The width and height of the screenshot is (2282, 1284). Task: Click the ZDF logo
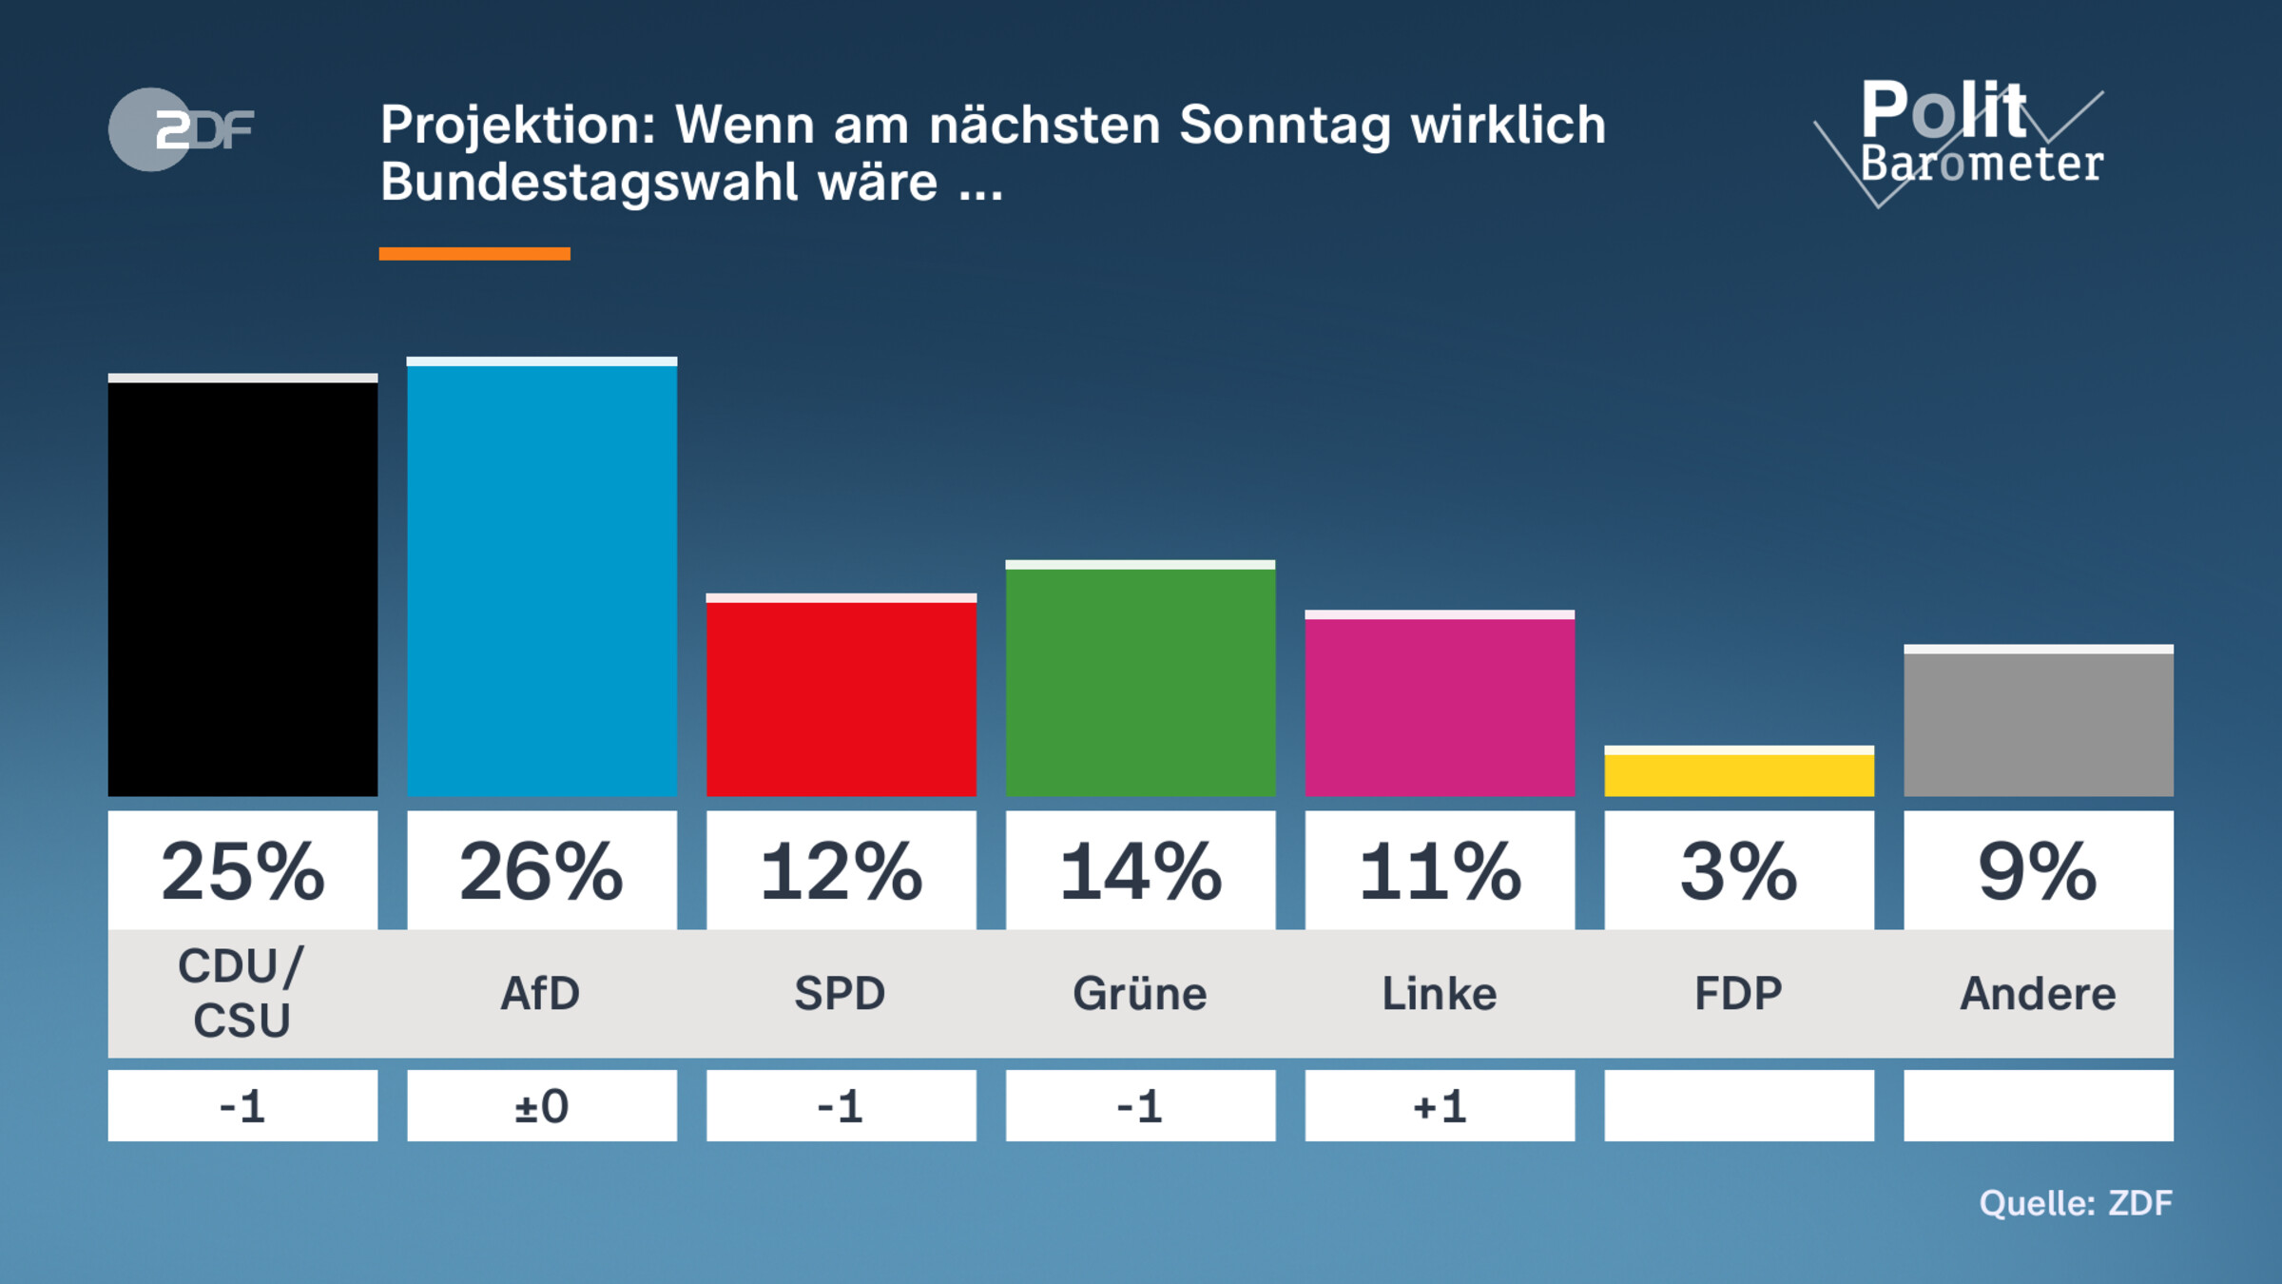tap(181, 129)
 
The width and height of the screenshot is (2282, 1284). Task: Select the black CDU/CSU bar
tap(242, 588)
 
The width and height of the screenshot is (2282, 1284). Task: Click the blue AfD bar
tap(542, 578)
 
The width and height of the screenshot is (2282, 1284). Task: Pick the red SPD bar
tap(841, 697)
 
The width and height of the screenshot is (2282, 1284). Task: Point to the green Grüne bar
tap(1140, 680)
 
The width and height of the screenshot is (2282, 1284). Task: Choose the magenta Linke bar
tap(1440, 706)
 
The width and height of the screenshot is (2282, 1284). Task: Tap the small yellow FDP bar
tap(1738, 773)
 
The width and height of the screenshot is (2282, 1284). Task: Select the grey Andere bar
tap(2038, 723)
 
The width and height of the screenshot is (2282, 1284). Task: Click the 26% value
tap(542, 871)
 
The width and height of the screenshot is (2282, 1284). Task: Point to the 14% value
tap(1140, 871)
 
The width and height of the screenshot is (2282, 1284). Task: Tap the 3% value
tap(1738, 871)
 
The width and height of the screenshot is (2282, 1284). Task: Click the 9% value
tap(2038, 871)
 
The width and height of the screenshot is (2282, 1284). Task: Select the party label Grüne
tap(1140, 994)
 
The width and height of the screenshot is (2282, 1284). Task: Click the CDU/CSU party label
tap(242, 994)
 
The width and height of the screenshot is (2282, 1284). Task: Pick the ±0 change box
tap(542, 1106)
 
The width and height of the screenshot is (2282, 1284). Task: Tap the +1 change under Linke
tap(1440, 1106)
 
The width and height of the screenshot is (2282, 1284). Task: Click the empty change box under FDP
tap(1738, 1106)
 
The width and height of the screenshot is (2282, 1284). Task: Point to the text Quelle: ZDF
tap(2076, 1203)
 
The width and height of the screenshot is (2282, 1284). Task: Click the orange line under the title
tap(474, 254)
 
